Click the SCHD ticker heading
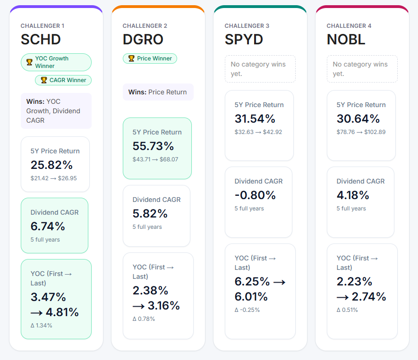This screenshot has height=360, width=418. (x=41, y=39)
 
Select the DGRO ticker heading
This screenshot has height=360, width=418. (x=143, y=39)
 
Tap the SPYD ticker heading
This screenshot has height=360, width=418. (x=244, y=39)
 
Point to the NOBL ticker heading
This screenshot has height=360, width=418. (x=346, y=39)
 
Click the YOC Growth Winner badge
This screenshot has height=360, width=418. (x=56, y=62)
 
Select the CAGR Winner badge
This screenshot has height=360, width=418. (x=63, y=80)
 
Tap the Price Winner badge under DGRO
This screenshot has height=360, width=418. (x=150, y=59)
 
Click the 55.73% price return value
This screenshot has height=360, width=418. (x=154, y=146)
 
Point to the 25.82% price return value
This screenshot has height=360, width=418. (x=52, y=165)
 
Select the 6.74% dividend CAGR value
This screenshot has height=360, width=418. (x=48, y=226)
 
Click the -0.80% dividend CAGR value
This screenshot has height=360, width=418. (x=256, y=195)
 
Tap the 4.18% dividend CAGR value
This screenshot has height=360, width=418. (x=353, y=195)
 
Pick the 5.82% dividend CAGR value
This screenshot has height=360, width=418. (x=150, y=213)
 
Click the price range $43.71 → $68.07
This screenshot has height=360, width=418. (x=155, y=159)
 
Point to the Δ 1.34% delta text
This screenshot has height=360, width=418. (x=42, y=325)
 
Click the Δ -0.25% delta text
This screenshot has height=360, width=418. (x=247, y=310)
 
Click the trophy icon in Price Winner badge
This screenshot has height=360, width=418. (x=131, y=59)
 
